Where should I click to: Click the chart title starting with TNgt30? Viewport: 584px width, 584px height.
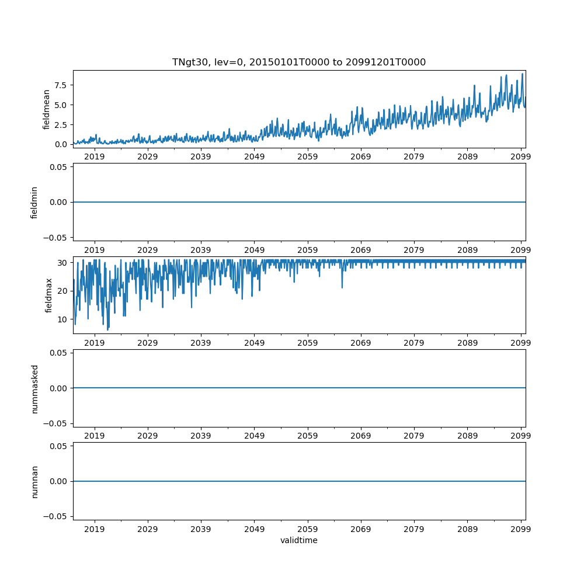coord(298,62)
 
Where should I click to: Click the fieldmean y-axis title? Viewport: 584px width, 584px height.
coord(46,109)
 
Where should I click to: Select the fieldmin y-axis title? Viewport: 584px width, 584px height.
coord(34,202)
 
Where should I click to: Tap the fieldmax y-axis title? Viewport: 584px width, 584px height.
coord(49,295)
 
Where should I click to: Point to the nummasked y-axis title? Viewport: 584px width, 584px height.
coord(34,388)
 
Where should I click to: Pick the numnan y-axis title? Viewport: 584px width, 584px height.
coord(34,481)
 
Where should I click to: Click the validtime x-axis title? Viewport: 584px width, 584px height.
coord(298,541)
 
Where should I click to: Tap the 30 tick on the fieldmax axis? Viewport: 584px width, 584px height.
coord(63,263)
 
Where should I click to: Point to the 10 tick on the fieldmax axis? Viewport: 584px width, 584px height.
coord(63,319)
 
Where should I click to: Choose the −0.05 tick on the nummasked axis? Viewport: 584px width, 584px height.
coord(57,423)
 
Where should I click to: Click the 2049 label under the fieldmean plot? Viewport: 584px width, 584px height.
coord(254,157)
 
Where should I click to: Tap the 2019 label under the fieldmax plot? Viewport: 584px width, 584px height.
coord(95,342)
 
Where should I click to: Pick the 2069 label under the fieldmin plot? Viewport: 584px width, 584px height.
coord(361,249)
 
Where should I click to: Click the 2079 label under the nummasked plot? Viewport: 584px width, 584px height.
coord(414,436)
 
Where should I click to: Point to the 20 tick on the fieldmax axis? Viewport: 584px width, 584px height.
coord(63,291)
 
